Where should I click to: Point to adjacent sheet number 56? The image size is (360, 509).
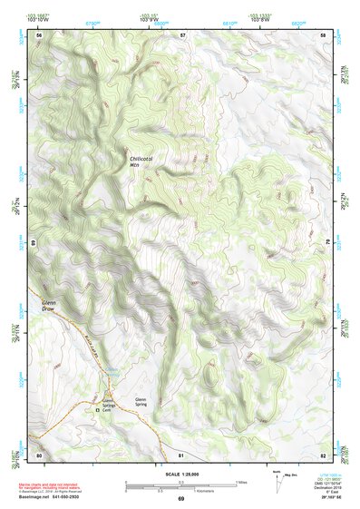pos(39,34)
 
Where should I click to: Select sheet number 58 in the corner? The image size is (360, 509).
pos(324,34)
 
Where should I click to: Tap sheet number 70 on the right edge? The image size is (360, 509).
pos(326,243)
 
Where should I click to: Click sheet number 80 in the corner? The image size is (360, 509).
pos(39,454)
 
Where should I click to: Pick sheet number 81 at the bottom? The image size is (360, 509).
pos(182,454)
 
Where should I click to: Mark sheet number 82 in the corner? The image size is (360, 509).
pos(324,454)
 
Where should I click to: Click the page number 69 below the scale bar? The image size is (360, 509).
pos(180,498)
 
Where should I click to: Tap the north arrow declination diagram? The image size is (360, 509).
pos(277,481)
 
